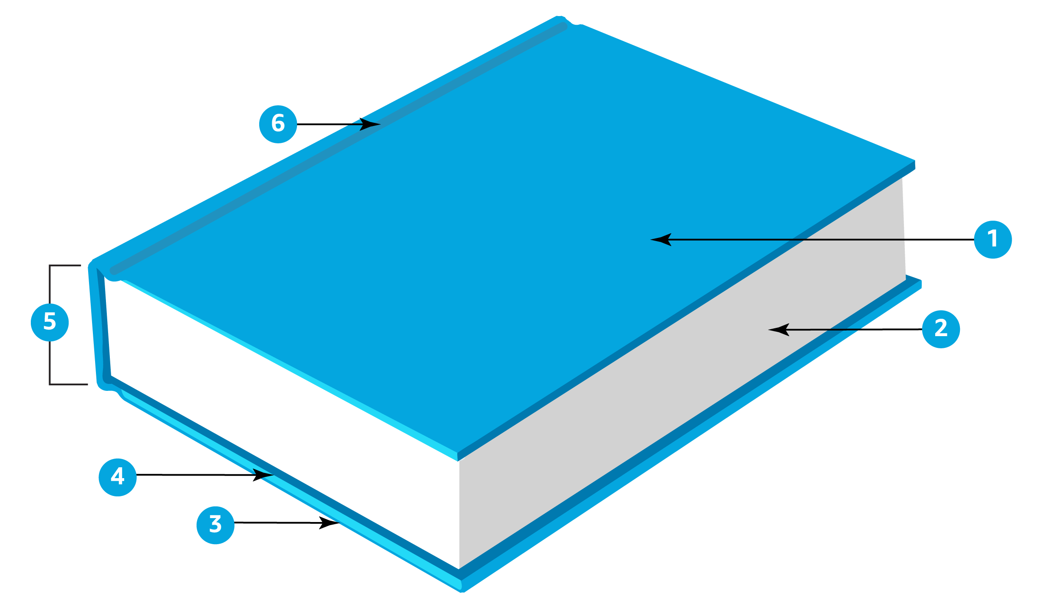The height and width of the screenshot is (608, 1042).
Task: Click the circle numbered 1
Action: point(993,239)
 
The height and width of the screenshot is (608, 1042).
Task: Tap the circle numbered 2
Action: point(941,329)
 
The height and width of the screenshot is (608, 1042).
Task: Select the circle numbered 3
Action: point(215,525)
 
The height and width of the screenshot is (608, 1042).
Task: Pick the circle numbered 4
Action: point(118,477)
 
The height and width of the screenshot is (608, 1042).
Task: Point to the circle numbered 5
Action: point(50,322)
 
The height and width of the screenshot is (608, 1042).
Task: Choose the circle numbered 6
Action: point(278,124)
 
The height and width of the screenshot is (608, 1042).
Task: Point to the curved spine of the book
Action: point(96,326)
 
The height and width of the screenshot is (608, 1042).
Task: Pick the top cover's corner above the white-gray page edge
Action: point(458,456)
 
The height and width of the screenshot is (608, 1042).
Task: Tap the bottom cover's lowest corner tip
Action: point(462,589)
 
